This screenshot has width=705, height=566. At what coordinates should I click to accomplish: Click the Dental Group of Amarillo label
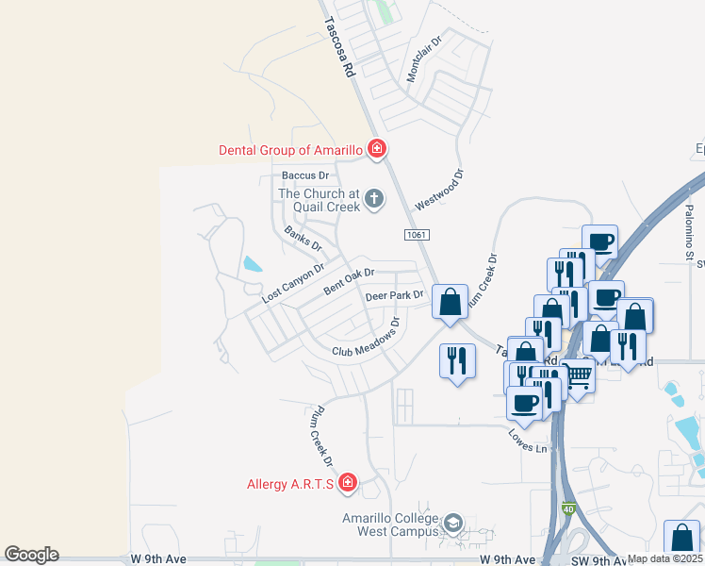coord(291,149)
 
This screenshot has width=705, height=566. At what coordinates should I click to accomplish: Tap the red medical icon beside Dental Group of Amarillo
coord(376,148)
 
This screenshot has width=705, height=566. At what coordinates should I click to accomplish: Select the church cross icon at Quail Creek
coord(374,199)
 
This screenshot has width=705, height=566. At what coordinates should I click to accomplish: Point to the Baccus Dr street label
coord(304,175)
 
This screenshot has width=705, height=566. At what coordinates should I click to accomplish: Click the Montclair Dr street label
coord(424,58)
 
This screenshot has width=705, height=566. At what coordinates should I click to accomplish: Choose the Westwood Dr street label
coord(440,189)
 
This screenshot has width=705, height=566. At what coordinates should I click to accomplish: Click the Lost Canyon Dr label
coord(292,283)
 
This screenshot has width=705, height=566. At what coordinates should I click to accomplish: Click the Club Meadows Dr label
coord(367,338)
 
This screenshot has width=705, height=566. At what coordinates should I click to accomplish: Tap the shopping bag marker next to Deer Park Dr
coord(451,303)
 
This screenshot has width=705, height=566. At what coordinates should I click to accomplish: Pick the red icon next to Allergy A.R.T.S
coord(348,483)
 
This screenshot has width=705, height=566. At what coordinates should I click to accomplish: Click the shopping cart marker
coord(578,376)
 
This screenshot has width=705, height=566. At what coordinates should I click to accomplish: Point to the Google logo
coord(31,555)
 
